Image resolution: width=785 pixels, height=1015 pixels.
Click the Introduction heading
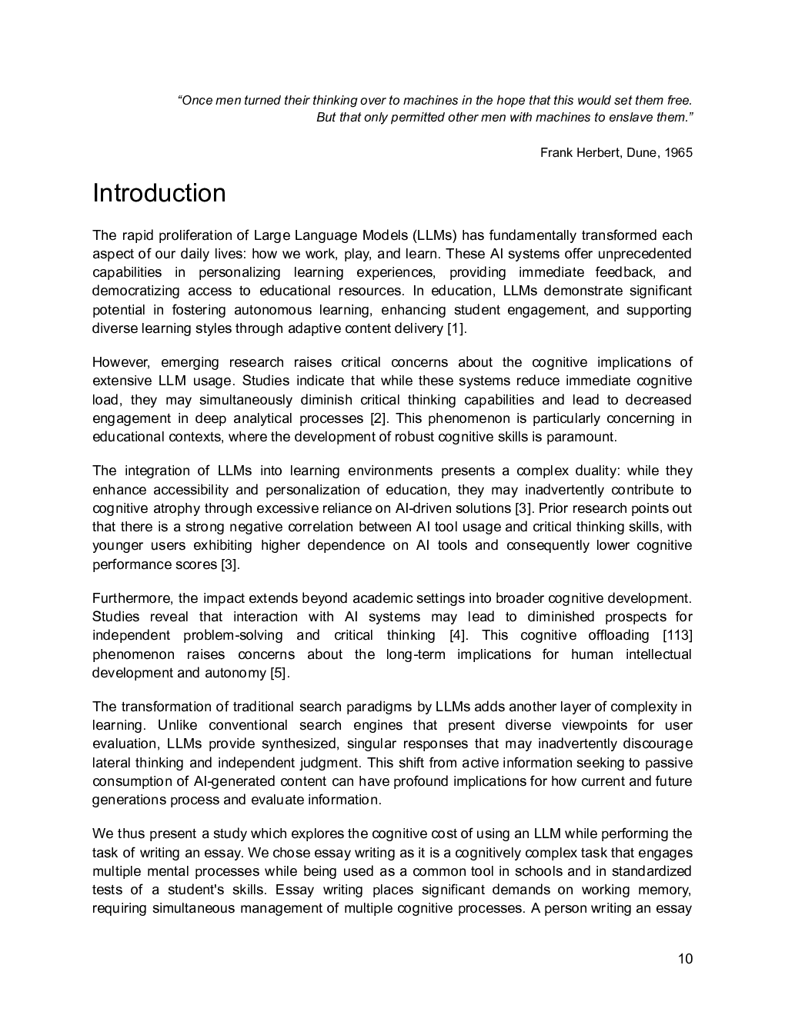[159, 193]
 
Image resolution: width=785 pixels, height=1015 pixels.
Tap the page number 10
[685, 958]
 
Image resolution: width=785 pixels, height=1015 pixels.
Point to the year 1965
[679, 152]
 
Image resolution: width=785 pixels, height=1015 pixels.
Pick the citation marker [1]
[456, 328]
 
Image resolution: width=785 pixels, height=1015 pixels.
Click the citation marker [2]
[378, 418]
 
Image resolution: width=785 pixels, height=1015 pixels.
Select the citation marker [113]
[677, 635]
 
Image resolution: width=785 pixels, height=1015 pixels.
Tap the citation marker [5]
[279, 673]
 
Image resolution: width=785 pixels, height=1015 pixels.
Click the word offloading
[618, 635]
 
